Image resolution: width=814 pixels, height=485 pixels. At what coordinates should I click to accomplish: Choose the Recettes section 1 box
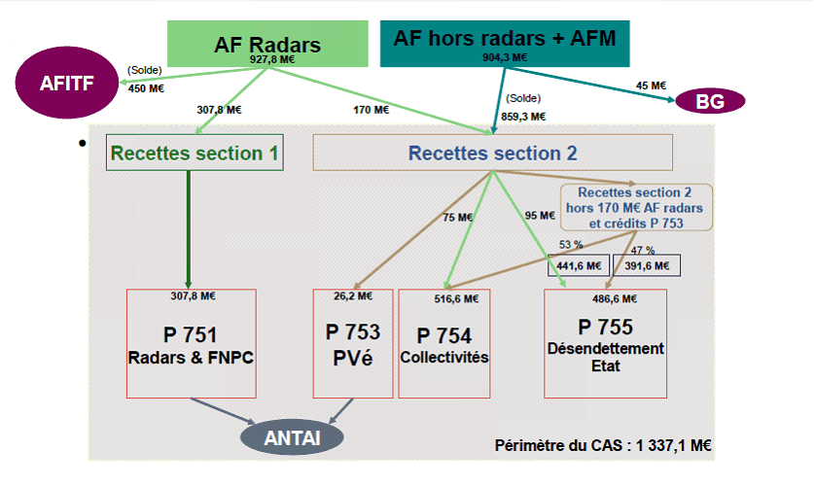click(x=195, y=153)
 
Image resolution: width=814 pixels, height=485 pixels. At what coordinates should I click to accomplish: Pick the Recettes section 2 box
click(x=492, y=153)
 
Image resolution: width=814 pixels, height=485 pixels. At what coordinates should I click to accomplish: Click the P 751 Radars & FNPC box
click(x=191, y=343)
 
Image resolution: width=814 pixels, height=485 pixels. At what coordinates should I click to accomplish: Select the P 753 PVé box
click(x=353, y=343)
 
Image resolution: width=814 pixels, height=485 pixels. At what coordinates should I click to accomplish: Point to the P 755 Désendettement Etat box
click(x=606, y=343)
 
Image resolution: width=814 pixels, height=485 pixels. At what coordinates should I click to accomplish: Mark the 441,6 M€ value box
click(x=578, y=265)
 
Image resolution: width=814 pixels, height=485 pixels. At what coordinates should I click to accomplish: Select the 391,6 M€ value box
click(x=645, y=265)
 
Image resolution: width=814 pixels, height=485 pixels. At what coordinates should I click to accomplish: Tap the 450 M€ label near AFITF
click(x=146, y=88)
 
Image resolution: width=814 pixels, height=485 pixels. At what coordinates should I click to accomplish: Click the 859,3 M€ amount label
click(x=525, y=116)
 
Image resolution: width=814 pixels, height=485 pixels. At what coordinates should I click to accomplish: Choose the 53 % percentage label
click(x=571, y=243)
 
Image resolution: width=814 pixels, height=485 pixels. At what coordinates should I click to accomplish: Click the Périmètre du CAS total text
click(x=603, y=446)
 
